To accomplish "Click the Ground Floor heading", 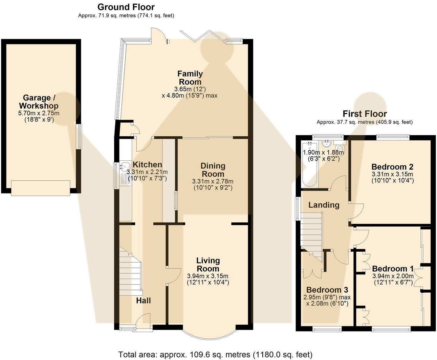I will click(x=126, y=7).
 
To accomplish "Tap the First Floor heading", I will click(x=365, y=114).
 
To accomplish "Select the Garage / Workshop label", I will click(x=39, y=102).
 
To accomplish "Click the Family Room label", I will click(x=190, y=77).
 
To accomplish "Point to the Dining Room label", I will click(x=213, y=170).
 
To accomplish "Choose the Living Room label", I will click(x=208, y=264).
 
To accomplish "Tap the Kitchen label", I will click(x=147, y=164).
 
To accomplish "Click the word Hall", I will click(x=144, y=300).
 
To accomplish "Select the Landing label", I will click(x=324, y=205).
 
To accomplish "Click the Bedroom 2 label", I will click(x=392, y=167).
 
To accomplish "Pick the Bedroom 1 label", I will click(x=393, y=269).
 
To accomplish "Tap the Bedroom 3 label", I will click(x=327, y=290).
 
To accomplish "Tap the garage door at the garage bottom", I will click(x=41, y=188).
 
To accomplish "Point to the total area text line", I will click(x=215, y=354).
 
